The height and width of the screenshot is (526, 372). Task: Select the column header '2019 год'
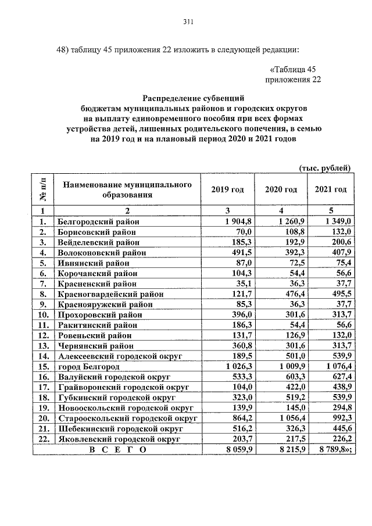click(x=227, y=190)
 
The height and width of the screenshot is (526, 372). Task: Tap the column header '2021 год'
click(x=330, y=190)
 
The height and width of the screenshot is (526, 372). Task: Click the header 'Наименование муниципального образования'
click(x=127, y=190)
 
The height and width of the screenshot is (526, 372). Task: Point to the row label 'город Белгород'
click(x=88, y=367)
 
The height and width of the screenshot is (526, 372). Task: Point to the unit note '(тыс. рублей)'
click(x=324, y=169)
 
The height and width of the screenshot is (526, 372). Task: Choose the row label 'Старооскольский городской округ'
click(x=127, y=418)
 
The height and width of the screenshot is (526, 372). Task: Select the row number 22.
click(x=42, y=439)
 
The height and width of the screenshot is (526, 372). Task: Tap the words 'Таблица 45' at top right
click(x=298, y=69)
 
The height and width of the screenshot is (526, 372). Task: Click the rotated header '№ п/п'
click(x=42, y=190)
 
